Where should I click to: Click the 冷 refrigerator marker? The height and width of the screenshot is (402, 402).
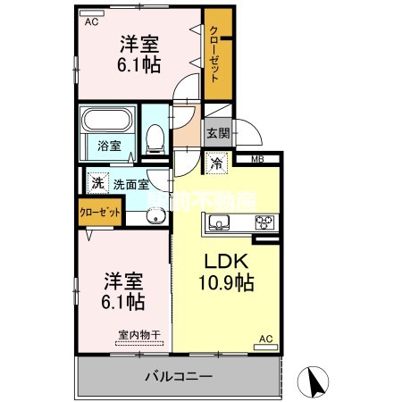point(215,163)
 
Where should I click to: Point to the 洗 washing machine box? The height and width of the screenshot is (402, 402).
point(97,183)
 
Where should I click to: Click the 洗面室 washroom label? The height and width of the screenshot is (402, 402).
point(130,185)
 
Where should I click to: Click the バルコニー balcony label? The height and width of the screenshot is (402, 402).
point(179,376)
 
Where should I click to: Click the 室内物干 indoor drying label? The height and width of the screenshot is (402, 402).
point(138,336)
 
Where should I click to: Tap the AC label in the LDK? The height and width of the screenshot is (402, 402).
point(265,339)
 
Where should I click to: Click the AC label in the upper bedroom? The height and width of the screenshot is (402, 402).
point(91,23)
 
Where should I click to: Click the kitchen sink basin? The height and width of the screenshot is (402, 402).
point(221,222)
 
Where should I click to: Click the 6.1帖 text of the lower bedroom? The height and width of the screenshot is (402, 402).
point(123,301)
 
